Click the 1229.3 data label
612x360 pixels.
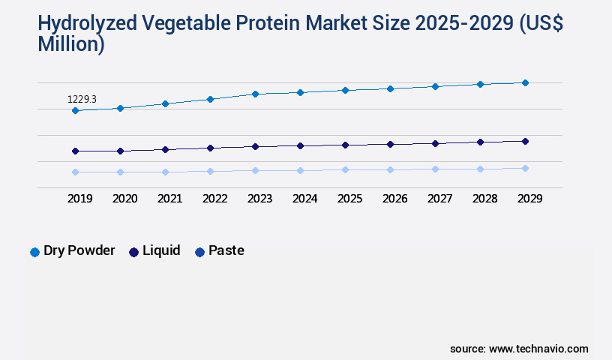tap(82, 99)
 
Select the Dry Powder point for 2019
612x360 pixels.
tap(75, 111)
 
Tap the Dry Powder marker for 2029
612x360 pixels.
tap(525, 82)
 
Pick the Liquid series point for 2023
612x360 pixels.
tap(255, 147)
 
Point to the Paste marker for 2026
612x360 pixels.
tap(390, 170)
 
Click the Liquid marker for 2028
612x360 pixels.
tap(480, 142)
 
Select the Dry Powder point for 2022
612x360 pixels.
tap(210, 99)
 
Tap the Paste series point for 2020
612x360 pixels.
tap(120, 172)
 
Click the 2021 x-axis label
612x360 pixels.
tap(169, 199)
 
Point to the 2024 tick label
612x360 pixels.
tap(304, 199)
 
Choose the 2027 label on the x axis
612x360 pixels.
tap(439, 199)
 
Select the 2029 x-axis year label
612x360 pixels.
tap(529, 199)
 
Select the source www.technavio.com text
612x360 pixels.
tap(519, 349)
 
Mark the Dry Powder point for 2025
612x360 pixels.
tap(345, 90)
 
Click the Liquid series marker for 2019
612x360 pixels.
tap(75, 151)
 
